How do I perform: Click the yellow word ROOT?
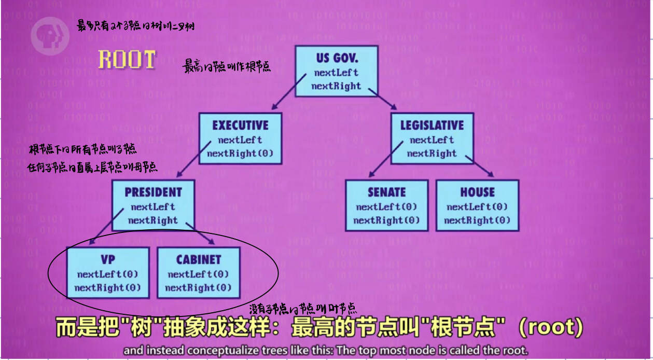(127, 59)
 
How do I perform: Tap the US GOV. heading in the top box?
(337, 57)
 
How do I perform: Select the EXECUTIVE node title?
(241, 125)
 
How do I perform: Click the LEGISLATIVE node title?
(432, 125)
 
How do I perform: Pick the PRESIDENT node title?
(154, 192)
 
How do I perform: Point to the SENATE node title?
(386, 192)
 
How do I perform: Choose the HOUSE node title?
(477, 192)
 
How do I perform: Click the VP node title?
(108, 259)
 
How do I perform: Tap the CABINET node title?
(198, 259)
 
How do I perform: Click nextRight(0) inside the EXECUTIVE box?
(240, 154)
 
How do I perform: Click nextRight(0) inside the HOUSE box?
(477, 220)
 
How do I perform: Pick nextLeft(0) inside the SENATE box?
(386, 207)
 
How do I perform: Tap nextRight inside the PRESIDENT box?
(153, 220)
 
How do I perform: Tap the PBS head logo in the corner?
(50, 33)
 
